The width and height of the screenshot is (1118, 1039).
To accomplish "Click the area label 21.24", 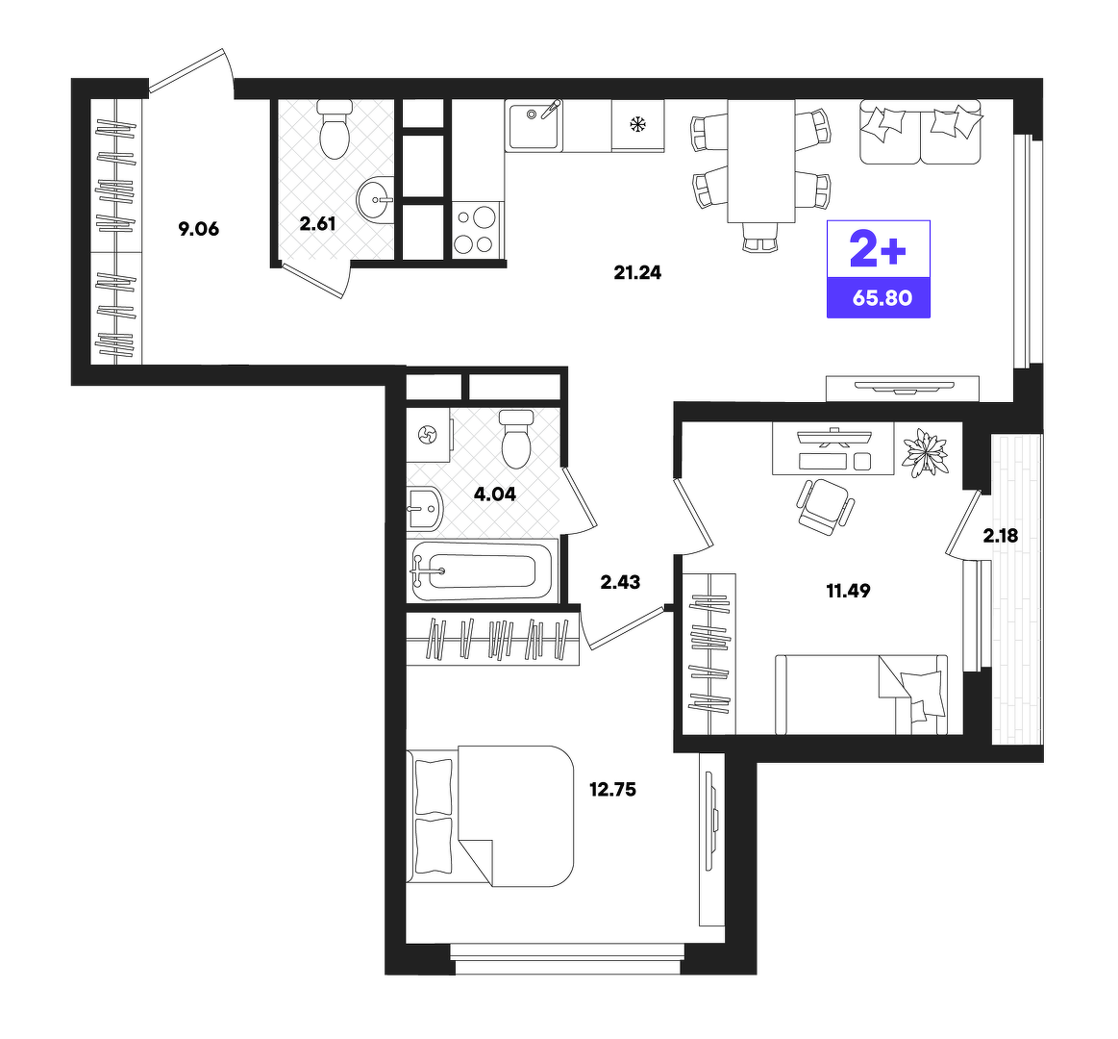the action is click(x=637, y=272).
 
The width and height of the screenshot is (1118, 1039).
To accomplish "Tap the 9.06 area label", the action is click(x=198, y=229).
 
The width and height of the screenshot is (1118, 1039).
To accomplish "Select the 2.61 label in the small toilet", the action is click(x=317, y=224).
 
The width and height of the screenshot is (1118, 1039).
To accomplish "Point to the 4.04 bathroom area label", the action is click(x=495, y=494).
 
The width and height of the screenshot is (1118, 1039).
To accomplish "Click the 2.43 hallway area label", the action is click(x=620, y=582).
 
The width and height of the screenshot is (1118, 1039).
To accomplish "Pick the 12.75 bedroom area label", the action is click(x=612, y=789).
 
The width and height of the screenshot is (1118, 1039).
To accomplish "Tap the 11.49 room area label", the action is click(x=848, y=591).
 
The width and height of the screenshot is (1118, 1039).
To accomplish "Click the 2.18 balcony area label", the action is click(x=1001, y=535).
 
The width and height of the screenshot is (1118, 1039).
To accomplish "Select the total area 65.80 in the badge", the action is click(x=882, y=297).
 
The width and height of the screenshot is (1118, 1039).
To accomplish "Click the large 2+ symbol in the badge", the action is click(x=878, y=249).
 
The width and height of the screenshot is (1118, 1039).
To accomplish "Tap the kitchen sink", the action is click(x=534, y=126).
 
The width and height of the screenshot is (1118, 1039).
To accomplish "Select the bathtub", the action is click(x=482, y=570).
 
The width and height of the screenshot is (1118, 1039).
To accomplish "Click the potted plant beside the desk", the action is click(x=925, y=452).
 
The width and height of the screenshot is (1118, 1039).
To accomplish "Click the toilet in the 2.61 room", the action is click(x=335, y=130).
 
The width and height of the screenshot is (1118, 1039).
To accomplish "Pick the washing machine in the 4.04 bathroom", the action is click(x=429, y=435).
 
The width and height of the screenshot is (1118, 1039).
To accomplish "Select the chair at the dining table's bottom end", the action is click(x=759, y=237).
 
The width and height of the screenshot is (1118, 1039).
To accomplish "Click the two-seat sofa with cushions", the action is click(x=921, y=132).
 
